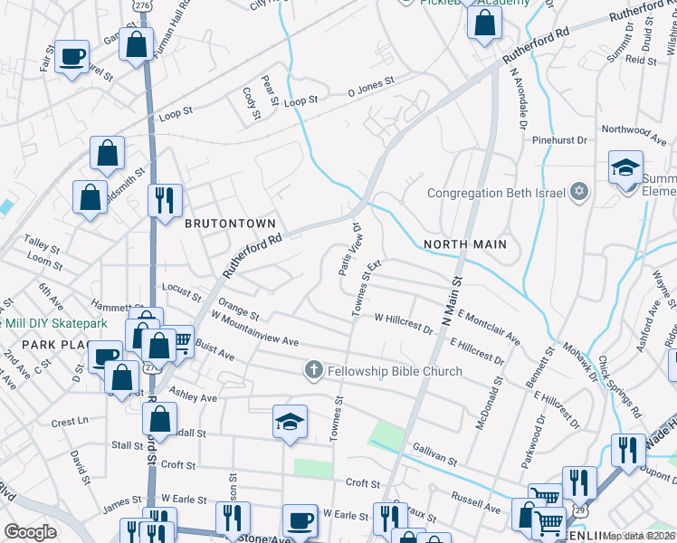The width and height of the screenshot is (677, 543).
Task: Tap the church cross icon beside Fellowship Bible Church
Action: click(314, 370)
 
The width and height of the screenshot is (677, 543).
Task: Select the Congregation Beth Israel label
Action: click(495, 193)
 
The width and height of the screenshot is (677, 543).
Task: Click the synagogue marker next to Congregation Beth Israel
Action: click(580, 192)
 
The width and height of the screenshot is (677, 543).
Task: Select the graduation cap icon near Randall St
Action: click(290, 422)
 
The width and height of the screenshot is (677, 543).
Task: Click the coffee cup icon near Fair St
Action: click(72, 56)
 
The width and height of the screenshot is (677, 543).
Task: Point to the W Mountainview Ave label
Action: click(253, 341)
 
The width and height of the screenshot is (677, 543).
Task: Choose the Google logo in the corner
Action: click(30, 532)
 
